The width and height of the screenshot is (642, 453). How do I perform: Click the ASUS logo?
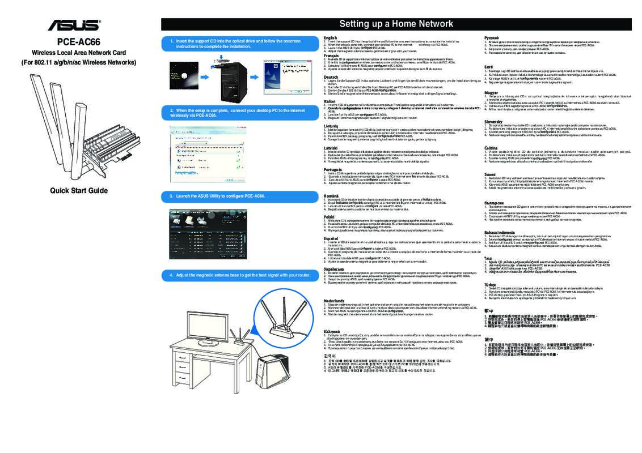tap(74, 25)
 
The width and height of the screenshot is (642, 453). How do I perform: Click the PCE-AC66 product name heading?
tap(78, 42)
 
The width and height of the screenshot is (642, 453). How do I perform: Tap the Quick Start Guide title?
tap(78, 190)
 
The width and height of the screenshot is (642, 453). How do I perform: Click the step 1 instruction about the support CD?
tap(238, 44)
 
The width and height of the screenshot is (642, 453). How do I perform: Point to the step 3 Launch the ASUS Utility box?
tap(238, 196)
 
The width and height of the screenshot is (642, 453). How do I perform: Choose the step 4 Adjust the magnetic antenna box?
tap(238, 275)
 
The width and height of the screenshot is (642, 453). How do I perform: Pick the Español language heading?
tap(331, 239)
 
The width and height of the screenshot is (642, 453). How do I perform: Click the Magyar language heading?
tap(491, 92)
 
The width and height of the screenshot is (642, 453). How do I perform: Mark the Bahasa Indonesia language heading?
tap(499, 233)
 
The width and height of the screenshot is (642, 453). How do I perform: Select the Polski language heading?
tap(330, 217)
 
